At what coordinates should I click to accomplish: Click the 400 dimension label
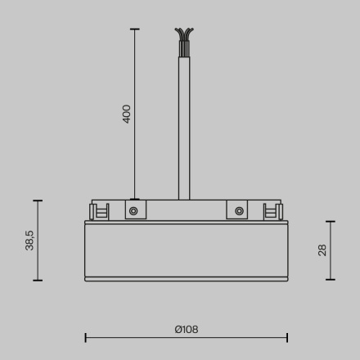[127, 113]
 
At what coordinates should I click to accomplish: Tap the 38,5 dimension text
[29, 240]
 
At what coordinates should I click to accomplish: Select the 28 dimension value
[322, 250]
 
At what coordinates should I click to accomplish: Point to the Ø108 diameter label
[186, 330]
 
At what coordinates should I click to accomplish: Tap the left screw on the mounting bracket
[135, 211]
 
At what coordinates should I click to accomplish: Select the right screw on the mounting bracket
[238, 211]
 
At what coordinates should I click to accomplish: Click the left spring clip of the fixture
[101, 211]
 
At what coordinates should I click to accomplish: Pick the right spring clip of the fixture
[271, 211]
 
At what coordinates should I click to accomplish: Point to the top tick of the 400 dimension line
[135, 29]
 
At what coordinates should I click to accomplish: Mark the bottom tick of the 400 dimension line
[135, 199]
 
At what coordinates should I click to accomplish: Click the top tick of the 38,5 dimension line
[38, 200]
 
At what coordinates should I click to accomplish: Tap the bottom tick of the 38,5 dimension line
[38, 281]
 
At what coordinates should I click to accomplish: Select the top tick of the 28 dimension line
[331, 221]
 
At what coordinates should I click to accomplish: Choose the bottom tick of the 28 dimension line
[331, 280]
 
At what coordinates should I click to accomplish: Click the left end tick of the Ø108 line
[86, 336]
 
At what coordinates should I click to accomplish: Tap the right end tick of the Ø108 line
[287, 336]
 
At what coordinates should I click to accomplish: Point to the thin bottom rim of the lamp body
[186, 278]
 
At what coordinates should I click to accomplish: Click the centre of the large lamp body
[186, 249]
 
